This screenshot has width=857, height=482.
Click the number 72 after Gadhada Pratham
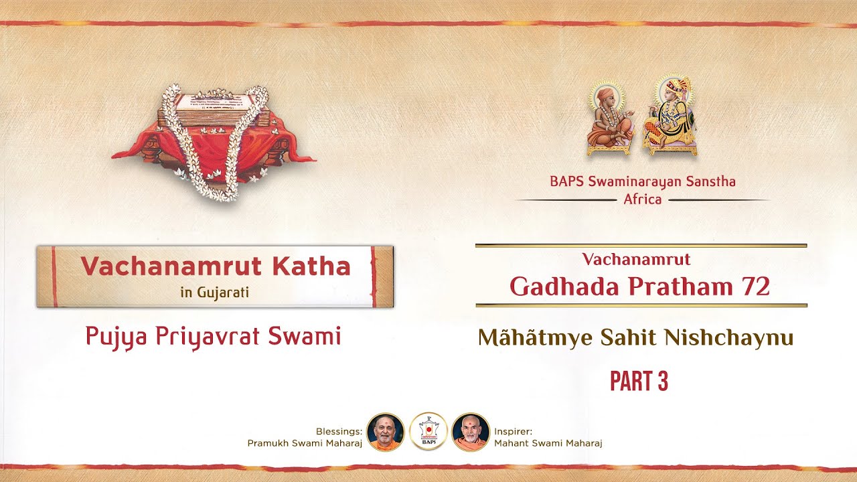coord(754,287)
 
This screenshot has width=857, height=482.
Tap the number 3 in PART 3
coord(661,382)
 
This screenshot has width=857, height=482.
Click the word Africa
coord(642,199)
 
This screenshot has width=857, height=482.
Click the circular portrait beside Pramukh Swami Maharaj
coord(386,432)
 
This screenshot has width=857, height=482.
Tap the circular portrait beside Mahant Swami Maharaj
coord(471,432)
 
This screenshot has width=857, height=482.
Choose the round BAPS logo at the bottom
coord(428,432)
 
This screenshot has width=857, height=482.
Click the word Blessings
coord(339,432)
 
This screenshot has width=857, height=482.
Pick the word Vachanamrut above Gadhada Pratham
coord(636,258)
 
